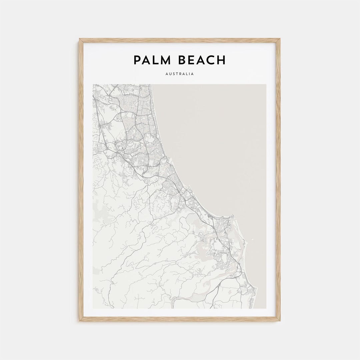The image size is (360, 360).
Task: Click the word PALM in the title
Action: coord(152,60)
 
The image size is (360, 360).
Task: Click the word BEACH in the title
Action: coord(202,60)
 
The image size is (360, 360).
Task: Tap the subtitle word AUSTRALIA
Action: coord(180,74)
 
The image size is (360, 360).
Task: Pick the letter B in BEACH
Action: coord(182,60)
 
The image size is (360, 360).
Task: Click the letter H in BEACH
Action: coord(221,60)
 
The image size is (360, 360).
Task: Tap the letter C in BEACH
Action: coord(211,60)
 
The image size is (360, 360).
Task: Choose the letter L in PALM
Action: coord(156,60)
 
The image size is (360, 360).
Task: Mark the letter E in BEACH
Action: coord(192,60)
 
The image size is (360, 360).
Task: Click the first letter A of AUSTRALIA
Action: coord(167,74)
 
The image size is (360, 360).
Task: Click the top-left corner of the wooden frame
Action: coord(80,39)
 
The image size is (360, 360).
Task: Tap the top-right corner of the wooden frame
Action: coord(280,39)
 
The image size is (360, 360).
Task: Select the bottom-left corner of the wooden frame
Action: coord(80,321)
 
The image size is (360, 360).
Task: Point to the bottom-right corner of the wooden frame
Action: coord(280,321)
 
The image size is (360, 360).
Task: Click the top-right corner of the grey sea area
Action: coord(266,84)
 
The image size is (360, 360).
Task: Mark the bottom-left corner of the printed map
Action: coord(93,308)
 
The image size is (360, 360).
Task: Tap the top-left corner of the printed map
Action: coord(93,84)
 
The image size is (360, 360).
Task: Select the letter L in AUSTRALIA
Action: coord(187,74)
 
